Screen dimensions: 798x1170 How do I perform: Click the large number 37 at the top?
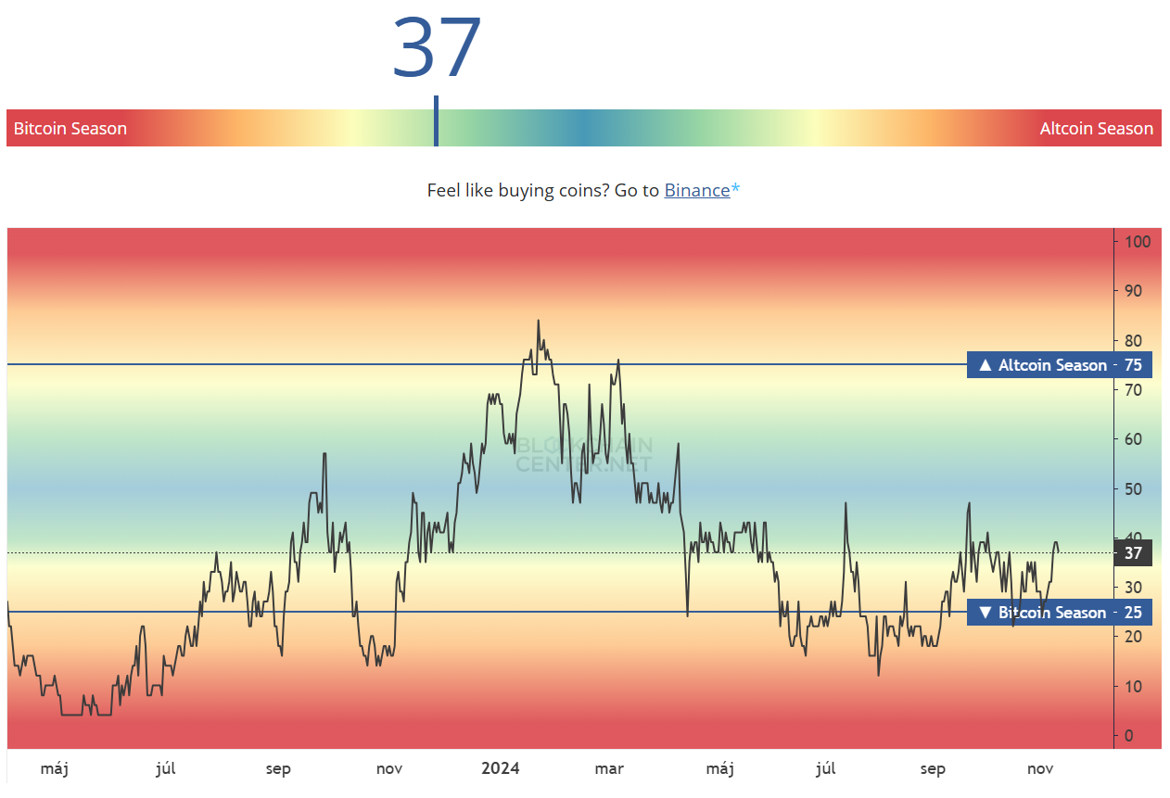click(437, 47)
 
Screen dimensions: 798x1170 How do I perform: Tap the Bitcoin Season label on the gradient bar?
click(70, 129)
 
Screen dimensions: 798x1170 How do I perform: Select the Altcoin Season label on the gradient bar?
click(1096, 129)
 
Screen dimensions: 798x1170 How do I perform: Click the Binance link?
click(696, 190)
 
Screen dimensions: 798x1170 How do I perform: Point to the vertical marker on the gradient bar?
click(436, 121)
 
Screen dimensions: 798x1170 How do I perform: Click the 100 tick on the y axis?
click(1137, 242)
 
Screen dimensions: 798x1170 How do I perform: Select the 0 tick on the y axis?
click(1128, 736)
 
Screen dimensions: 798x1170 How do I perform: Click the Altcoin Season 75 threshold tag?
click(1059, 365)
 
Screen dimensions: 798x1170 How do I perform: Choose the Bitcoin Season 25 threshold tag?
click(1059, 613)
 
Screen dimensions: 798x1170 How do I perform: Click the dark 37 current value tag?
click(1132, 553)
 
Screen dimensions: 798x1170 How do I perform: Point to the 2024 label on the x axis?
click(501, 768)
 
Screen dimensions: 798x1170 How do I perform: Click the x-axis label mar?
click(609, 768)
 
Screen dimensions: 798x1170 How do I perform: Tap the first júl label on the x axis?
click(166, 768)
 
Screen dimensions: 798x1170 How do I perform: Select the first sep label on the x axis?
click(278, 768)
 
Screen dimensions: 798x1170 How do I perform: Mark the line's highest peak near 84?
click(538, 322)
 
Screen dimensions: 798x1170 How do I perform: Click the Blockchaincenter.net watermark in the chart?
click(584, 453)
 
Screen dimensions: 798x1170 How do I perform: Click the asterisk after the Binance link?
click(736, 189)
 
